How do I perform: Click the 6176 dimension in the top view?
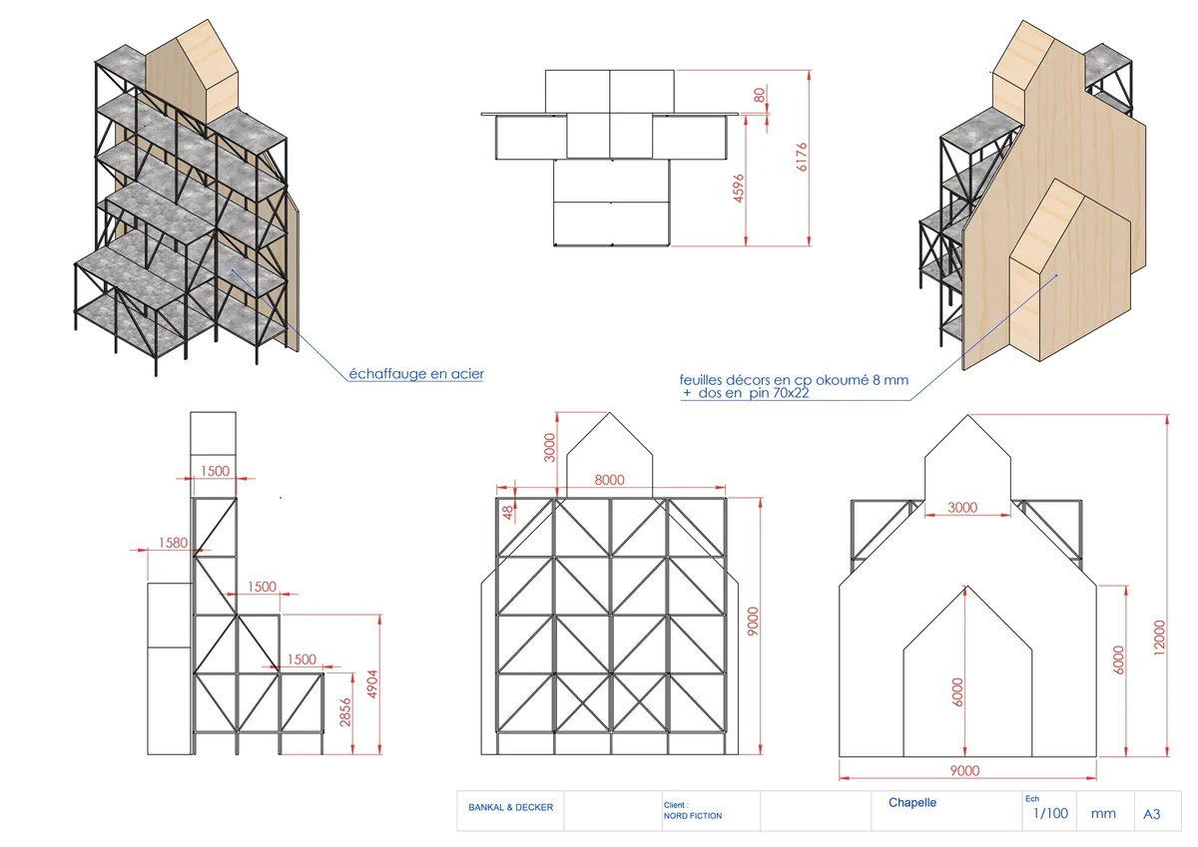[x=802, y=158]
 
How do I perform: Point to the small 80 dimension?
[x=760, y=96]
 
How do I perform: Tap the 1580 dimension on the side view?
[x=173, y=543]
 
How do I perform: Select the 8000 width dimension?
[x=610, y=480]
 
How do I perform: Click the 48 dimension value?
[x=508, y=512]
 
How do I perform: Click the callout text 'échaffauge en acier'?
[x=416, y=374]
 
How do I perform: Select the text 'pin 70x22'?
[x=782, y=394]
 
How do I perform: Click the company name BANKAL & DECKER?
[x=510, y=808]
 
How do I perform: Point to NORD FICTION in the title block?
[x=692, y=816]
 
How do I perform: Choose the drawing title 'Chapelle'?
[x=912, y=802]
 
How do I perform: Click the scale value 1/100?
[x=1050, y=813]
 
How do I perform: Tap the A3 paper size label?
[x=1151, y=814]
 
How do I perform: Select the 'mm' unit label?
[x=1103, y=813]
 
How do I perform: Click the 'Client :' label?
[x=676, y=804]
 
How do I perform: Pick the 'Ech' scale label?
[x=1031, y=799]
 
